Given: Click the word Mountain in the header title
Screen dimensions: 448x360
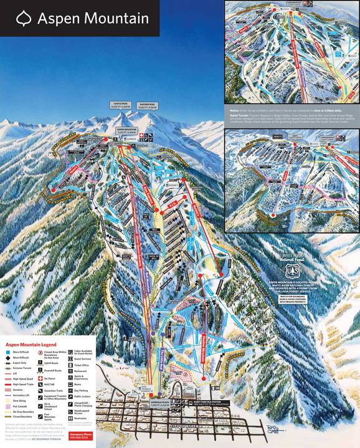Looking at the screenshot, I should (x=119, y=19).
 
